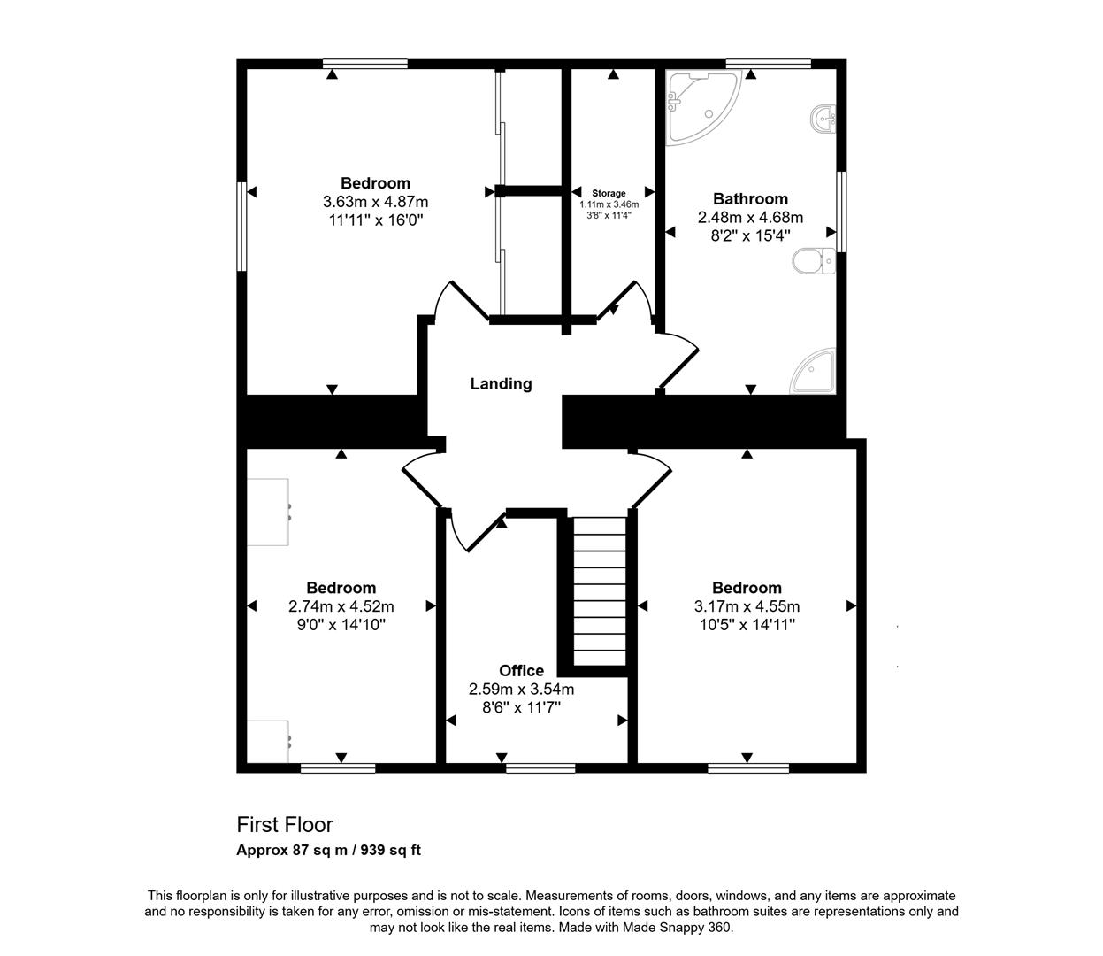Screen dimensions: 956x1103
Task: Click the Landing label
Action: (501, 384)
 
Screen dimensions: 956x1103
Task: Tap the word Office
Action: (521, 671)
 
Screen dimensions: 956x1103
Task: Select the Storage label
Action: (609, 193)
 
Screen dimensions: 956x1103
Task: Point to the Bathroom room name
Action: (750, 199)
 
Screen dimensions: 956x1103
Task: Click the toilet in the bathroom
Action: (813, 262)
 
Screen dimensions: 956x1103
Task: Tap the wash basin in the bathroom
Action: (823, 119)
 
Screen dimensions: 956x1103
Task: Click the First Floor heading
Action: (285, 825)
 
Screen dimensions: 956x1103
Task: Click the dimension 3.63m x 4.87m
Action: (375, 203)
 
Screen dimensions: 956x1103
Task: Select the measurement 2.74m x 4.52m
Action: (341, 606)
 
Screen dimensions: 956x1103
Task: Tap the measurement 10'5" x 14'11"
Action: (747, 625)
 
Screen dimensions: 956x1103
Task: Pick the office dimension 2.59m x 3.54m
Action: (521, 690)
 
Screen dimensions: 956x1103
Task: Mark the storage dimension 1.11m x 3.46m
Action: (609, 204)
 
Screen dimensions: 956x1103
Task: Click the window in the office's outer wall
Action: (540, 767)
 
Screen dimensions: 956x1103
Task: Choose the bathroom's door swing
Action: (678, 358)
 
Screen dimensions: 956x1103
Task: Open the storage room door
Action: (630, 301)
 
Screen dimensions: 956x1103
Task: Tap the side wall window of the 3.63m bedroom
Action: (241, 226)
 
